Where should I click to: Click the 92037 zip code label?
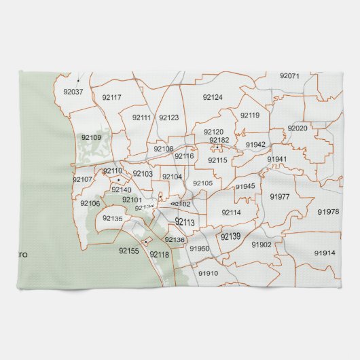73,92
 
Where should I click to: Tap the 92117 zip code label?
111,97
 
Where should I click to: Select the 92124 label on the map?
213,97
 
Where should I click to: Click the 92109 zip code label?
91,138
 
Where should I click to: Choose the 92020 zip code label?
298,128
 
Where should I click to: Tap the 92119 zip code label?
250,115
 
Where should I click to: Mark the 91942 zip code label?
255,145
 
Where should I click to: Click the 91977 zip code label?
280,196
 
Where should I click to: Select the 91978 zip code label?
327,212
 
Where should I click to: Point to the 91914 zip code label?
325,253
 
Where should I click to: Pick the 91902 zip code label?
262,245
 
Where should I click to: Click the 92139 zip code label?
230,236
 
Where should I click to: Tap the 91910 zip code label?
209,273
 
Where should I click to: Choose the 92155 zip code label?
128,251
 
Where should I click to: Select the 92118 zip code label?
159,255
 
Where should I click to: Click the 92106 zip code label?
90,203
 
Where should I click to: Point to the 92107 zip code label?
82,179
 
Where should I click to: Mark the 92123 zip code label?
168,118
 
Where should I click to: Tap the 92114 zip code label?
231,213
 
